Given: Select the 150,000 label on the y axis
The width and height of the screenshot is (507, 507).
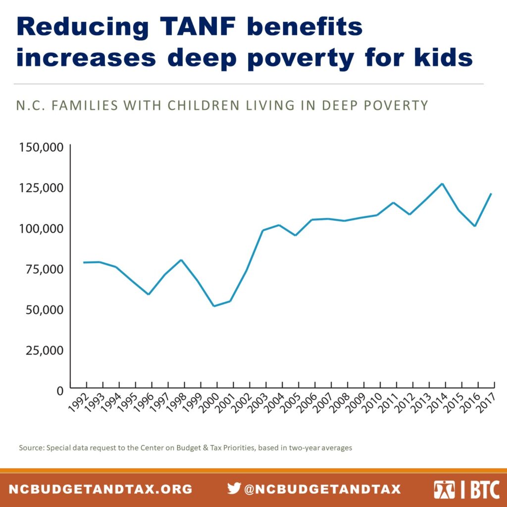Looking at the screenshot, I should [41, 148].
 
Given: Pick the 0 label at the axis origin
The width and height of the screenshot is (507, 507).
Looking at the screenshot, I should [60, 391].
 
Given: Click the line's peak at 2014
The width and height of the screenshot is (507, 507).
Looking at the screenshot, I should [442, 184].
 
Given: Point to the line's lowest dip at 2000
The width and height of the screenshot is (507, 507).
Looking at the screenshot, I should [214, 306].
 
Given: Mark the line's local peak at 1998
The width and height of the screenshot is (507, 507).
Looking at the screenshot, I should [181, 260].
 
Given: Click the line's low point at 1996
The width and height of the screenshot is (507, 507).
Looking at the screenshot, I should [149, 294].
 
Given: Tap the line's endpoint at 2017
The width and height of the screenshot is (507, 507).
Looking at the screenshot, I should [491, 194].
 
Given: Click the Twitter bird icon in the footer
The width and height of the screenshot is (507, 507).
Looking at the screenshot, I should [234, 488].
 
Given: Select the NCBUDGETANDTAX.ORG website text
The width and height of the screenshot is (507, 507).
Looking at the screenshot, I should [101, 489].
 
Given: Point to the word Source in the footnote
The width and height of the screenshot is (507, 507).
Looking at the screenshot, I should [30, 448].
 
